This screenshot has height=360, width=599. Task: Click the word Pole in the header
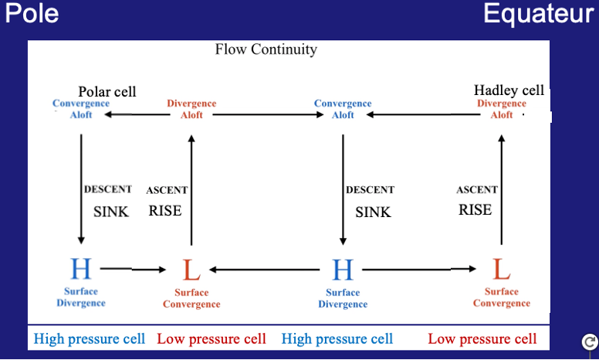tap(31, 13)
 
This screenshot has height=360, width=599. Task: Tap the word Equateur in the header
tap(538, 13)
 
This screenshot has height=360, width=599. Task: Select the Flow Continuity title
tap(266, 49)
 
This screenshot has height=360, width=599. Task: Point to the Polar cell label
tap(107, 92)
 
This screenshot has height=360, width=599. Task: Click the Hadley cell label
tap(509, 90)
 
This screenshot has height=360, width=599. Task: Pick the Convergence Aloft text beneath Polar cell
tap(82, 109)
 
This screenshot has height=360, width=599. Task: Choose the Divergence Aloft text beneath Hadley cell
tap(502, 109)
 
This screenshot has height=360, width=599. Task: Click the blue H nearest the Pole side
tap(80, 269)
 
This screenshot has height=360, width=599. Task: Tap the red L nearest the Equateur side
tap(502, 270)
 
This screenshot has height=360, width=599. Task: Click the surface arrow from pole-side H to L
tap(134, 269)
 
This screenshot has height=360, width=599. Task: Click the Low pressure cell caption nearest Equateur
tap(482, 339)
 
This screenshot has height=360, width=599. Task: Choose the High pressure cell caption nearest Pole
tap(90, 339)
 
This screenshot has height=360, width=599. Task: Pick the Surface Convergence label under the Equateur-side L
tap(502, 297)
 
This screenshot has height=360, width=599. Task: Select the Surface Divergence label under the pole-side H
tap(80, 297)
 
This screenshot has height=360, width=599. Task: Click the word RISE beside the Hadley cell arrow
tap(475, 209)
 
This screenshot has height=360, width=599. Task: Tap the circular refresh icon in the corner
tap(589, 341)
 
